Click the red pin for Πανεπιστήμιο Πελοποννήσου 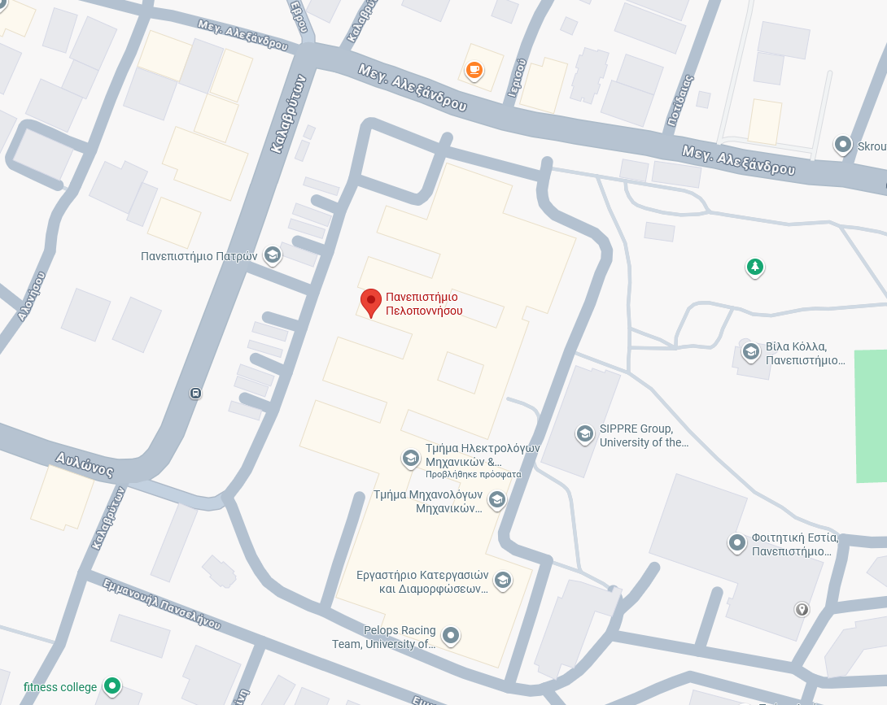(371, 302)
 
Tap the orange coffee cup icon (474, 71)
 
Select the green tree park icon (755, 266)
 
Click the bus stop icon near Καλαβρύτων (195, 394)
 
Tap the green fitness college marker (113, 686)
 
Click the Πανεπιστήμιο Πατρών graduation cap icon (273, 256)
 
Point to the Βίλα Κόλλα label (806, 352)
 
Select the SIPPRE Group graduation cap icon (584, 434)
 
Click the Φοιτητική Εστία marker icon (737, 542)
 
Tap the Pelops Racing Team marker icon (451, 636)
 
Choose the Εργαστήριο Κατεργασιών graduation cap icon (503, 579)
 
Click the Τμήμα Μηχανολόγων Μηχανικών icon (497, 499)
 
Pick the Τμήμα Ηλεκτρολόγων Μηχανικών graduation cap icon (411, 459)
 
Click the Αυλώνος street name (84, 464)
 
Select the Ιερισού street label (516, 79)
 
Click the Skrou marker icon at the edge (843, 145)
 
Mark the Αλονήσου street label (31, 297)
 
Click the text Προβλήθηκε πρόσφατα (473, 474)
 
